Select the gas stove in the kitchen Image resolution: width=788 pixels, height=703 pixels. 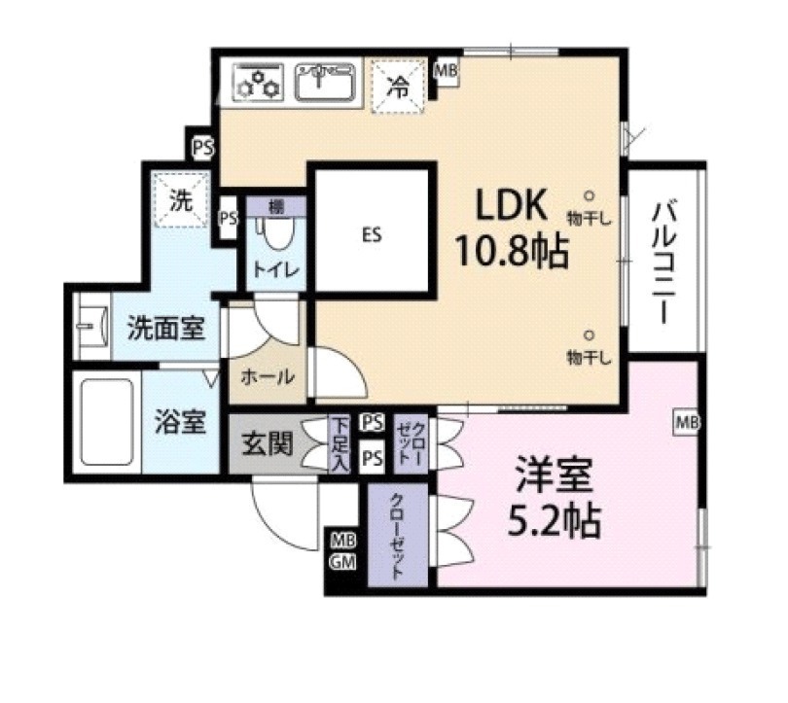click(x=259, y=83)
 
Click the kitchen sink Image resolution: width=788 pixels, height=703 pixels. click(x=326, y=82)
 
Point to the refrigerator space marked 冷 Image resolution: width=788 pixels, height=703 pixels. click(x=399, y=87)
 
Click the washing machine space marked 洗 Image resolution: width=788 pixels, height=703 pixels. click(x=181, y=200)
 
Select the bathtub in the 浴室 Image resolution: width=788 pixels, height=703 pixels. click(x=107, y=422)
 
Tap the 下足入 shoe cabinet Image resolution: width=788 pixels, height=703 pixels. click(x=340, y=443)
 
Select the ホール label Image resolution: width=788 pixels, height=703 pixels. click(x=268, y=376)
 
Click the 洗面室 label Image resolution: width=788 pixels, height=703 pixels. click(x=166, y=328)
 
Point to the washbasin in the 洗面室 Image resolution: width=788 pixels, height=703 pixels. click(x=93, y=326)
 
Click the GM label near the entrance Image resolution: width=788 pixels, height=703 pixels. click(x=342, y=562)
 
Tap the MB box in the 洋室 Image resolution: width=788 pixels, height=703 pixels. click(x=687, y=422)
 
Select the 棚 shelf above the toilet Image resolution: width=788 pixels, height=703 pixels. click(x=276, y=206)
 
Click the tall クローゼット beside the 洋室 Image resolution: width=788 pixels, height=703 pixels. click(x=398, y=536)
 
